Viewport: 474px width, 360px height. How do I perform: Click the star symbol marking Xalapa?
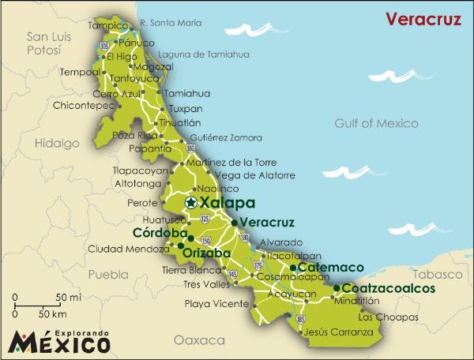[190, 203]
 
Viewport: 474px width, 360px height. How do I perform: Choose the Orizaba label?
[208, 253]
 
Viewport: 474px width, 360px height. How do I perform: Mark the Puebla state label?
[107, 275]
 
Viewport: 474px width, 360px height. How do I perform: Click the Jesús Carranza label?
[338, 332]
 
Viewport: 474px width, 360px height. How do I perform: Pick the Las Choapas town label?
[387, 317]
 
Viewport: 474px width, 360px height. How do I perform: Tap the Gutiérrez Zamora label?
[226, 137]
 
